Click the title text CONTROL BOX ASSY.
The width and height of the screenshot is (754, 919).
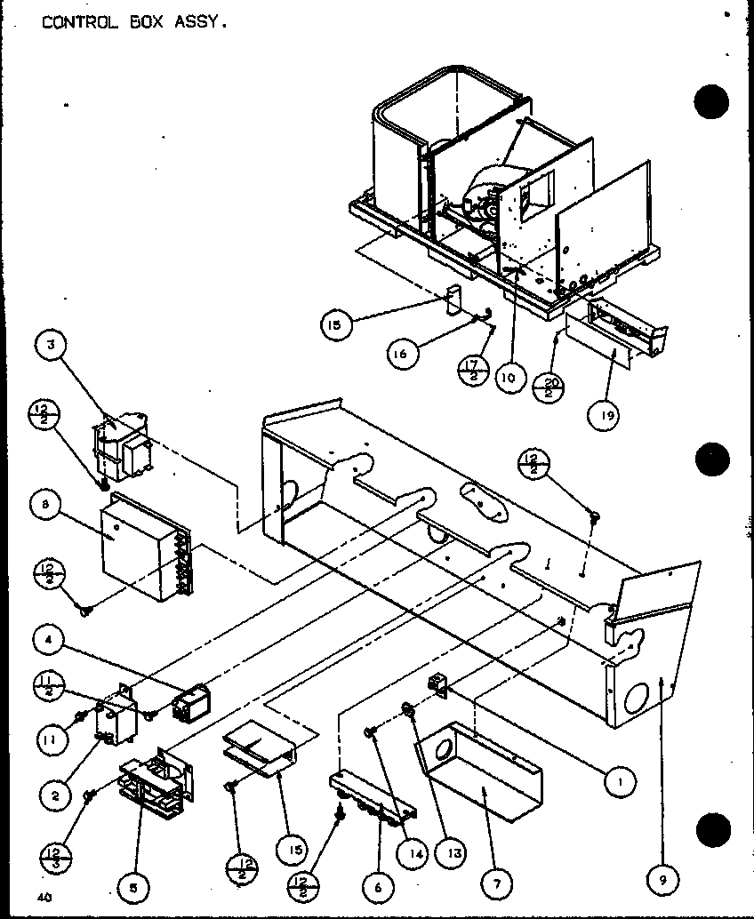click(x=134, y=22)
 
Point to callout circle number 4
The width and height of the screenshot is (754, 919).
click(x=49, y=637)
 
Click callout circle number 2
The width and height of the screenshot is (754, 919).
click(x=55, y=795)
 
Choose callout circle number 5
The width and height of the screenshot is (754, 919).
click(x=133, y=885)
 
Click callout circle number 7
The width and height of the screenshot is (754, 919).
click(x=495, y=885)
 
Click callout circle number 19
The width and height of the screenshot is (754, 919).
click(x=604, y=415)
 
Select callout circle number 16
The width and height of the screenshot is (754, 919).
click(x=403, y=353)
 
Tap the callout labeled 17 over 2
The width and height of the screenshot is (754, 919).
click(x=472, y=370)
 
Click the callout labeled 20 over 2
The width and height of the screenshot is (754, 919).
click(x=546, y=387)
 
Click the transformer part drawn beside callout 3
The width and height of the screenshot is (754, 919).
click(x=124, y=449)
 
